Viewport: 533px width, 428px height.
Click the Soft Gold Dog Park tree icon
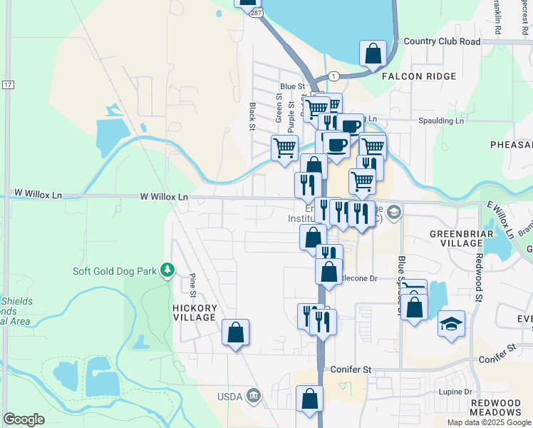point(167,270)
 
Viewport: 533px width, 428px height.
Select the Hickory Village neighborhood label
point(194,312)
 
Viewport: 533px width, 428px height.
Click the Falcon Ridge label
point(417,76)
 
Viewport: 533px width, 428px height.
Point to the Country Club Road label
point(442,41)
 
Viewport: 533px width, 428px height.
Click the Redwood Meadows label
point(496,407)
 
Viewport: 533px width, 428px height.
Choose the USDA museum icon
point(253,396)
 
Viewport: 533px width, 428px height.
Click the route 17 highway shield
point(8,85)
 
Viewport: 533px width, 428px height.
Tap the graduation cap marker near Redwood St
point(450,323)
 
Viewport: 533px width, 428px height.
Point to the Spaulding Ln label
point(440,121)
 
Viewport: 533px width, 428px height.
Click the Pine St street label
point(192,284)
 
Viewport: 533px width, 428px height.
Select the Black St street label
point(253,116)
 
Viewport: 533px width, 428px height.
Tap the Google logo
point(24,419)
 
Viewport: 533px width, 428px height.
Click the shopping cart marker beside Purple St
point(284,148)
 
